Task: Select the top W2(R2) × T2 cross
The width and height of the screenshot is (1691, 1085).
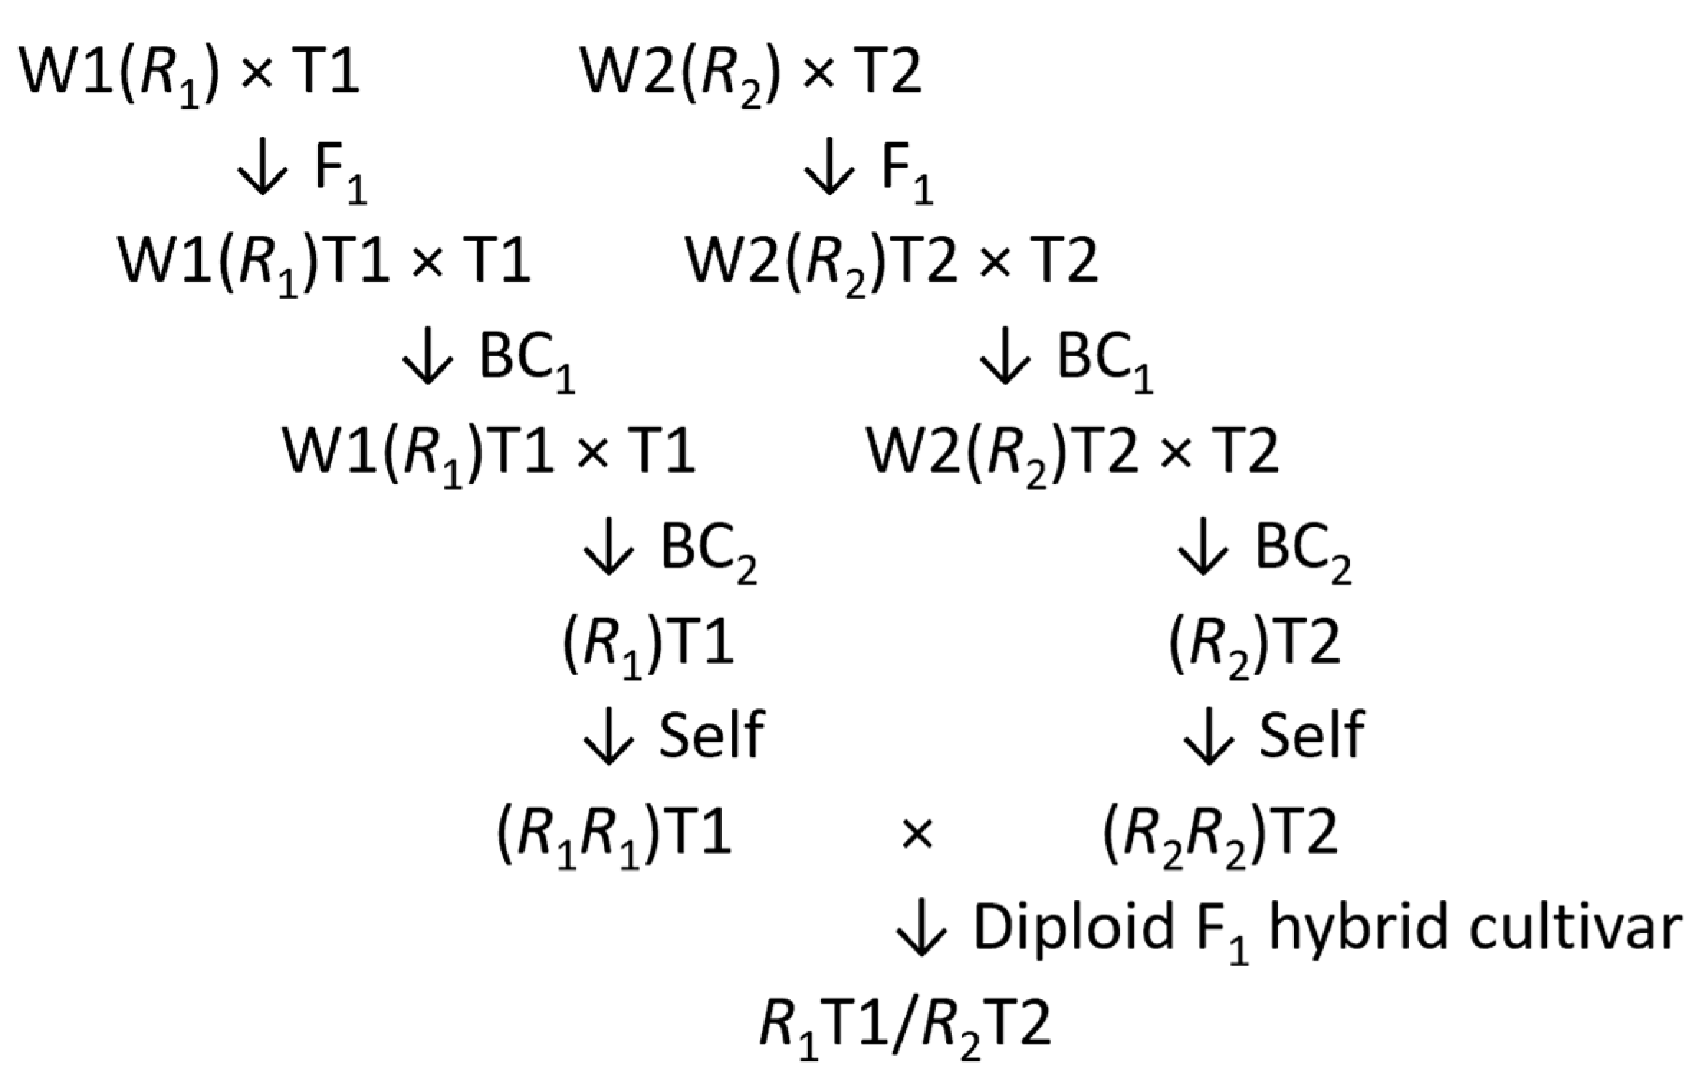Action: [x=750, y=75]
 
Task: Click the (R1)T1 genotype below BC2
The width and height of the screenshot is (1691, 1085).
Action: [x=648, y=643]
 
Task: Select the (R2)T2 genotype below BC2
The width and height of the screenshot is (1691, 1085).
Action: [x=1255, y=643]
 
